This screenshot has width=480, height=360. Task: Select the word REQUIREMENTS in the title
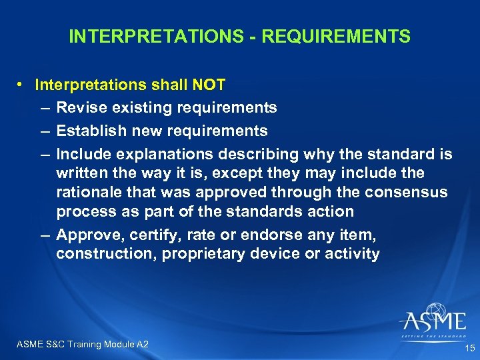coord(336,36)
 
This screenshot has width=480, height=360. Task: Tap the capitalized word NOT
coord(207,85)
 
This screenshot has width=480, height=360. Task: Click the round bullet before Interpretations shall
coord(22,85)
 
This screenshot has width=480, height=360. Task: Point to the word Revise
coord(77,107)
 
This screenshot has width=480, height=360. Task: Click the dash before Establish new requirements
coord(44,131)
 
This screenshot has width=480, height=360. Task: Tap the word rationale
coord(89,193)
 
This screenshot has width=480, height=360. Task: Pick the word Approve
coord(83,234)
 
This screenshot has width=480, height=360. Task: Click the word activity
coord(354,253)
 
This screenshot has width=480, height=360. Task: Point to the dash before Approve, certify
coord(44,234)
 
